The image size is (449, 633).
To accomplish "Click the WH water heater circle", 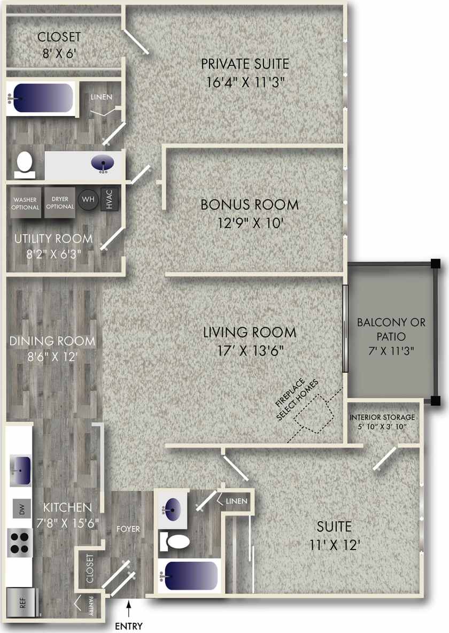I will tap(88, 200).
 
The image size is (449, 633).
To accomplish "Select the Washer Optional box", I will tap(26, 203).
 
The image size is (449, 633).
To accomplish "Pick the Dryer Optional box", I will tap(60, 202).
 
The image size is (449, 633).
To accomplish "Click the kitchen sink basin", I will tap(21, 465).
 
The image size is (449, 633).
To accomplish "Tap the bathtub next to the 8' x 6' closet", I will tap(42, 98).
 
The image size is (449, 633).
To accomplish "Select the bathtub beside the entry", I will tap(190, 576).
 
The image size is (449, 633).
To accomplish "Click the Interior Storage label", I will tap(382, 418).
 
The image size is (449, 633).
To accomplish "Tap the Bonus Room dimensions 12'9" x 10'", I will tap(249, 222).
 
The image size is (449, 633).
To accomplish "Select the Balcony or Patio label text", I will tap(391, 330).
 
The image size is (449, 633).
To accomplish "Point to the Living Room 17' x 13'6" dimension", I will tap(249, 351).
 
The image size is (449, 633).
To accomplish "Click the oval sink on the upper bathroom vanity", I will tap(103, 163).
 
